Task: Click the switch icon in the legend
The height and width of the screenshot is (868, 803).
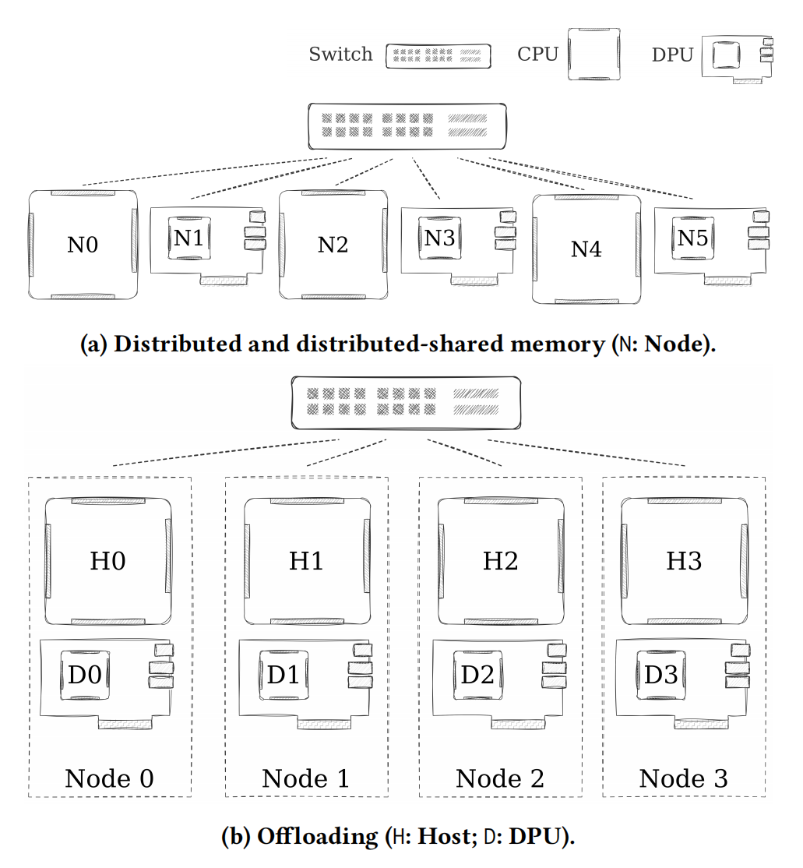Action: coord(438,55)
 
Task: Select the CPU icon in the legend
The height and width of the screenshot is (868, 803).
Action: coord(593,55)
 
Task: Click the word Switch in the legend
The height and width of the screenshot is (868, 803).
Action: coord(340,55)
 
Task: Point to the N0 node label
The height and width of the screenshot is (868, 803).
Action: coord(83,245)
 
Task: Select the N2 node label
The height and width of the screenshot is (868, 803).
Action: coord(333,245)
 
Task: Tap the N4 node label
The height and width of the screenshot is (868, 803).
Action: coord(586,249)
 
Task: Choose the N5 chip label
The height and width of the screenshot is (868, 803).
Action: coord(692,238)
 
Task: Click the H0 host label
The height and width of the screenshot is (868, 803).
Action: coord(107,561)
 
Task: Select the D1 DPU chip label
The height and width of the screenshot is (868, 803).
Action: coord(283,675)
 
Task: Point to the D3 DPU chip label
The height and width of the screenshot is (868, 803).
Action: coord(660,675)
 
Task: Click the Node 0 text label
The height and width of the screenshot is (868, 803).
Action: coord(109,778)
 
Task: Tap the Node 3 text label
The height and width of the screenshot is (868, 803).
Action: coord(683,778)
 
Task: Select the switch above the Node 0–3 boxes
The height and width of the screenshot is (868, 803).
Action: coord(404,402)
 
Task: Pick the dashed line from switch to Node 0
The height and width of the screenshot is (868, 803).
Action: coord(226,453)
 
